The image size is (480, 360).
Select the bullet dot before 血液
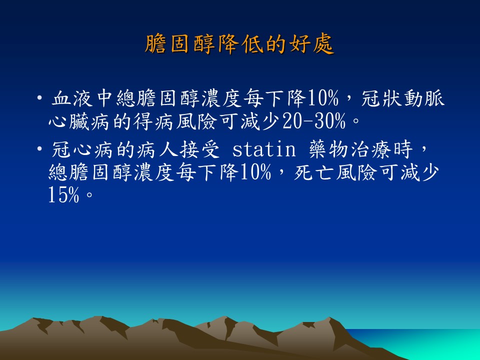click(39, 98)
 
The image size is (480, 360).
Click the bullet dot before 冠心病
click(39, 149)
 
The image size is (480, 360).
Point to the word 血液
click(72, 98)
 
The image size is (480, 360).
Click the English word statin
click(264, 149)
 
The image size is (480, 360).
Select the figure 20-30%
click(314, 121)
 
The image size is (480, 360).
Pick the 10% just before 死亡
click(255, 172)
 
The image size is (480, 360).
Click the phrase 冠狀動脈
click(403, 98)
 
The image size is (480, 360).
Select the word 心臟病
click(78, 121)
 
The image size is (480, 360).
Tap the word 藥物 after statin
click(329, 149)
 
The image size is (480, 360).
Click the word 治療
click(370, 149)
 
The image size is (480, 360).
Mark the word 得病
click(153, 121)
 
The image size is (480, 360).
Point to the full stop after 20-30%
click(355, 120)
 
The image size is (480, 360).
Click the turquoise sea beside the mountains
click(428, 343)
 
